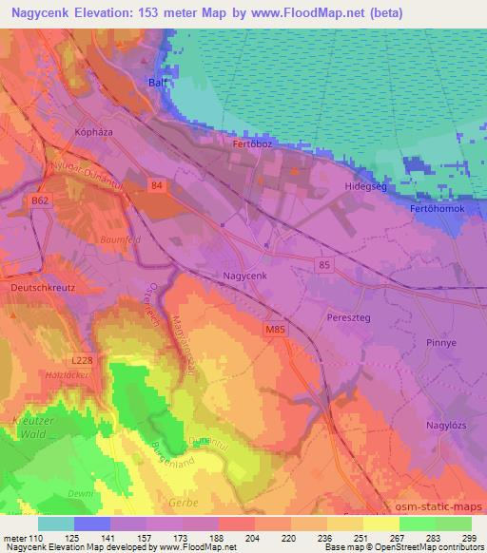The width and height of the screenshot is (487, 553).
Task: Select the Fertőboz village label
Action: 252,144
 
